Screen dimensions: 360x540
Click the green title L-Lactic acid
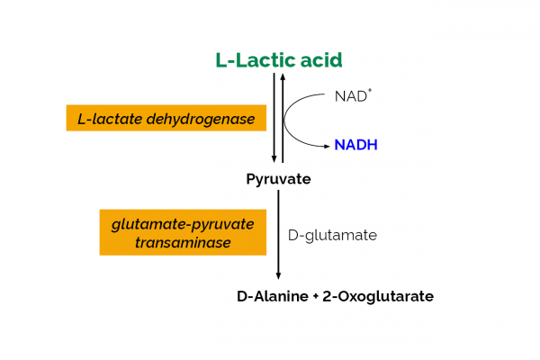pyautogui.click(x=279, y=60)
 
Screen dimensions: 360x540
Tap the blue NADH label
pyautogui.click(x=355, y=144)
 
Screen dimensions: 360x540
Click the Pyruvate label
pyautogui.click(x=278, y=179)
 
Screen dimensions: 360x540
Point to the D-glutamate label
pyautogui.click(x=332, y=235)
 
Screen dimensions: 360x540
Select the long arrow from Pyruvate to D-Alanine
pyautogui.click(x=278, y=234)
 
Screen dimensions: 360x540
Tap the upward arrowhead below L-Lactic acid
pyautogui.click(x=283, y=77)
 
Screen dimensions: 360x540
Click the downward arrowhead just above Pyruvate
pyautogui.click(x=274, y=158)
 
